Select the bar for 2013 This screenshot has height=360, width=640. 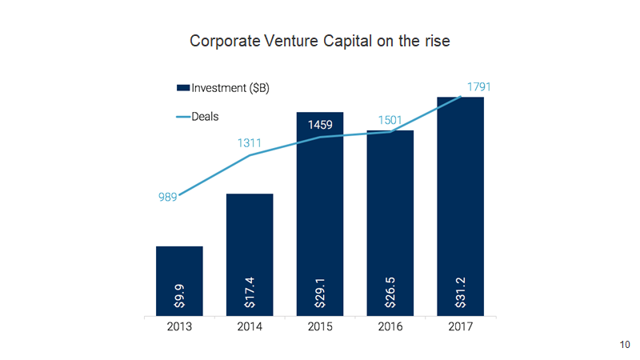[179, 272]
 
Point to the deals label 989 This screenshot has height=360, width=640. [167, 198]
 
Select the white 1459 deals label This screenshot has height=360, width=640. [320, 126]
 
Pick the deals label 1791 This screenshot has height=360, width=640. [478, 85]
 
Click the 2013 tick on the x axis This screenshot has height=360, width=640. [179, 328]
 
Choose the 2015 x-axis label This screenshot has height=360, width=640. [320, 328]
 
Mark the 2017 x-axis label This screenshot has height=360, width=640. [461, 328]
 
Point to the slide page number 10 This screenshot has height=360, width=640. [625, 344]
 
